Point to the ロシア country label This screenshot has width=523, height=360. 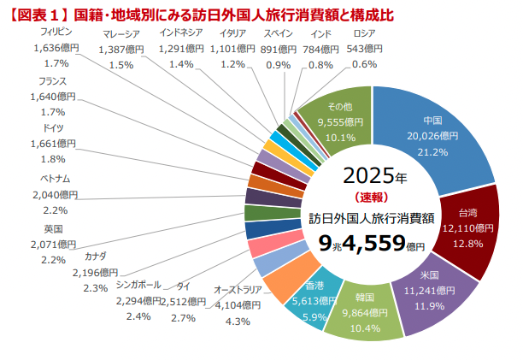[364, 33]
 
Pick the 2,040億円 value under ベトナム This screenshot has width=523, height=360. [56, 194]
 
